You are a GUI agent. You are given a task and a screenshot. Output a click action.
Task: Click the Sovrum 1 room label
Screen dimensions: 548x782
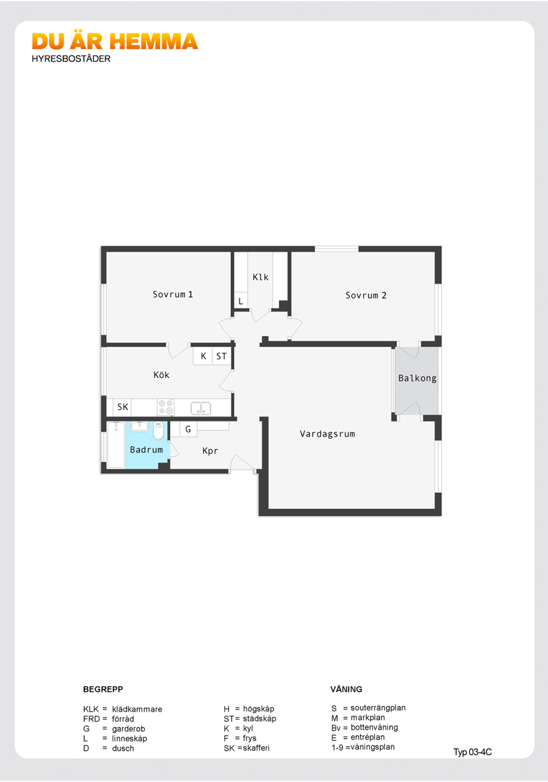173,294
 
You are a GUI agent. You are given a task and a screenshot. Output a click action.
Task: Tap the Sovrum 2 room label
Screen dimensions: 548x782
366,295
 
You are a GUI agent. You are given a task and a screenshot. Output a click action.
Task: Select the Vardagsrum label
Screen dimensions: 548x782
327,434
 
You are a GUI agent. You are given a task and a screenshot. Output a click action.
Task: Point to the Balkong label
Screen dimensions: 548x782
418,378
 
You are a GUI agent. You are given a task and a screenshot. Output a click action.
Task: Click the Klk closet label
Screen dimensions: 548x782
260,277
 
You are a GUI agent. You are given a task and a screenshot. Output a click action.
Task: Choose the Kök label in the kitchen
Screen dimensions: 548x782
162,374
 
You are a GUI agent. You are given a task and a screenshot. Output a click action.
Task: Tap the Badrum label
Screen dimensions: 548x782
146,450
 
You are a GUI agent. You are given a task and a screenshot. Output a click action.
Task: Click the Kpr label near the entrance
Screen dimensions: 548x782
210,451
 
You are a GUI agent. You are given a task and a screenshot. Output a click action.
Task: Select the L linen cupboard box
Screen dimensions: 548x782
241,301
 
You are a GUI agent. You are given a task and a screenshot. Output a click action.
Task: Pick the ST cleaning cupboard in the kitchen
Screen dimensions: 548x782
222,356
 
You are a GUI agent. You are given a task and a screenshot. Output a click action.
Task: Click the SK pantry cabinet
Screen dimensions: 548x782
123,407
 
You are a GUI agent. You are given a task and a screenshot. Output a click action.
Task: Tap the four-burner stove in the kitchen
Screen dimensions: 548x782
166,407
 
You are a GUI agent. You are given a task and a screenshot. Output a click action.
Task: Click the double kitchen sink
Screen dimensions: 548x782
201,408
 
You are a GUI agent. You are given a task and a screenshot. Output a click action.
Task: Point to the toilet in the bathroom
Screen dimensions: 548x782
158,430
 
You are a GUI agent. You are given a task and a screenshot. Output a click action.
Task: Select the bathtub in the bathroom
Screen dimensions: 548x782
116,445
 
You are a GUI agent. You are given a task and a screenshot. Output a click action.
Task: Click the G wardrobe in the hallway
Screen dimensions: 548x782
188,429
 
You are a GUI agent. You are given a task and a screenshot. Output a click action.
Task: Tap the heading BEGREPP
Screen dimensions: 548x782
103,689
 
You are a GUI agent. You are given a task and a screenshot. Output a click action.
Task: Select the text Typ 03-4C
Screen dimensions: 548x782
472,752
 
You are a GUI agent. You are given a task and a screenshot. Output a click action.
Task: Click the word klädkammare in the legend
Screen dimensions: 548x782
137,709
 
